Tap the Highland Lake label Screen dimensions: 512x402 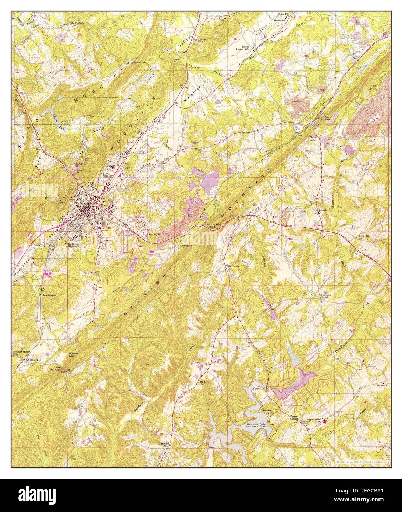tap(256, 425)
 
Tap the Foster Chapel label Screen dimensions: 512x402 tap(294, 418)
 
